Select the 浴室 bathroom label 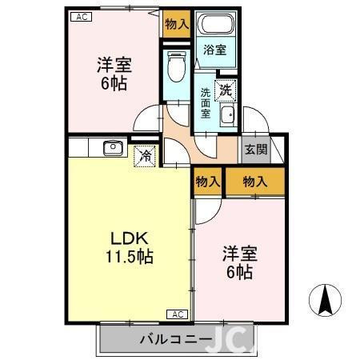click(214, 50)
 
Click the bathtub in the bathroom click(214, 25)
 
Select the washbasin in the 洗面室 click(226, 117)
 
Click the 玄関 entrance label click(255, 149)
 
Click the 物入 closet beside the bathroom click(176, 25)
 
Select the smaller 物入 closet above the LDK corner click(207, 182)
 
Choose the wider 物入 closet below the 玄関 click(254, 182)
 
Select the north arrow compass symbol click(326, 302)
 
